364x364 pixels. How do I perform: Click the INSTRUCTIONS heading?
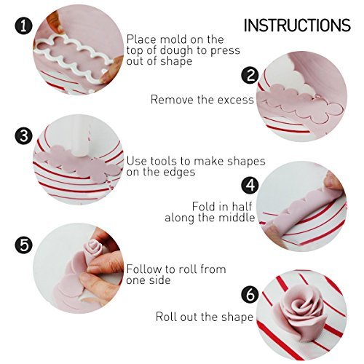click(x=296, y=25)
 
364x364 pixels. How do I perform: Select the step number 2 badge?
click(x=250, y=76)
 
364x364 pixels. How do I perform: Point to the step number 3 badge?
click(x=23, y=135)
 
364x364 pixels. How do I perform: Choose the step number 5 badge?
click(x=23, y=244)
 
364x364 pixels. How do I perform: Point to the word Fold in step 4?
click(x=205, y=206)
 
